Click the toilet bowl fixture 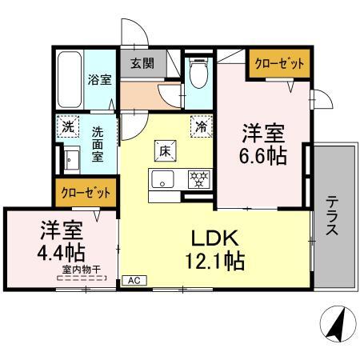pos(198,72)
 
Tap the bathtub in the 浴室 pos(70,80)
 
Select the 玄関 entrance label pos(142,64)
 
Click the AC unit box pos(134,280)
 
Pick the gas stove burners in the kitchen pos(199,179)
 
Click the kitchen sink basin pos(162,179)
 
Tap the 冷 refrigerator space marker pos(202,126)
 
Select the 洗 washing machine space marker pos(68,126)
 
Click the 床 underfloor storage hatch pos(165,151)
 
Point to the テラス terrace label pos(332,215)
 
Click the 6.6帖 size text pos(263,156)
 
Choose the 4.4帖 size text pos(61,252)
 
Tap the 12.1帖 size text pos(215,262)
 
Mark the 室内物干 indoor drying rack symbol pos(82,278)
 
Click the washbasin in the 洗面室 pos(71,159)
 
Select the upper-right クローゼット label pos(279,64)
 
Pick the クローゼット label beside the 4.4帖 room pos(86,193)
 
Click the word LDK pos(215,238)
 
